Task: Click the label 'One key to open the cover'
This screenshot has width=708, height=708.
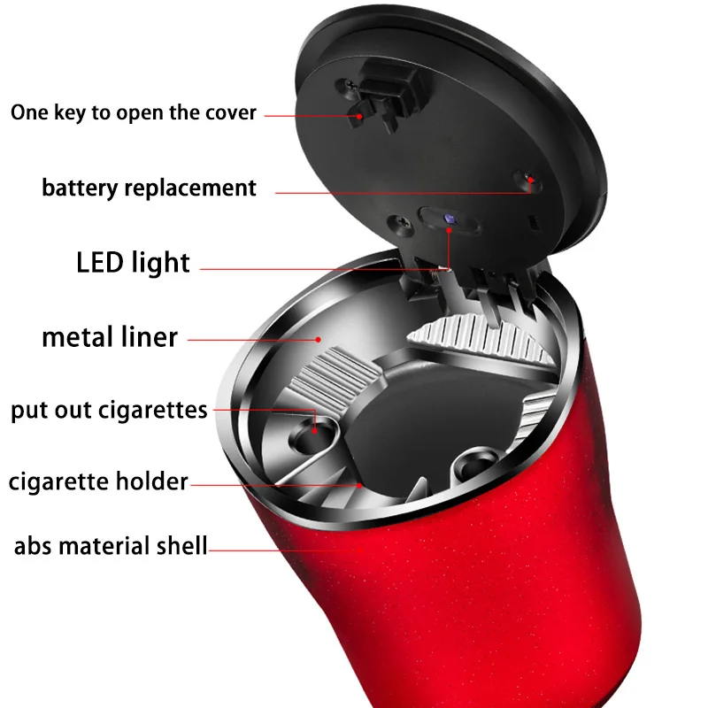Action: tap(133, 113)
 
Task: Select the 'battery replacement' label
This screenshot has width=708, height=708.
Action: tap(149, 188)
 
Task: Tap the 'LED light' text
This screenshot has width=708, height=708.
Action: tap(133, 262)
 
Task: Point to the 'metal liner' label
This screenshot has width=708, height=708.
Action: tap(110, 336)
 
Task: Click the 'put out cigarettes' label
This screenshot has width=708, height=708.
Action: tap(109, 411)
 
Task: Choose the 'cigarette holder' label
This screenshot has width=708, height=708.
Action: tap(98, 481)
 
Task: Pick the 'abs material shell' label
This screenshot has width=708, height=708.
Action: tap(110, 545)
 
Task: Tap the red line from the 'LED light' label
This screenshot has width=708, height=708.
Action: tap(319, 266)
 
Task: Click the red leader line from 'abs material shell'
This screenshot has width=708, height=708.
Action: tap(283, 550)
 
